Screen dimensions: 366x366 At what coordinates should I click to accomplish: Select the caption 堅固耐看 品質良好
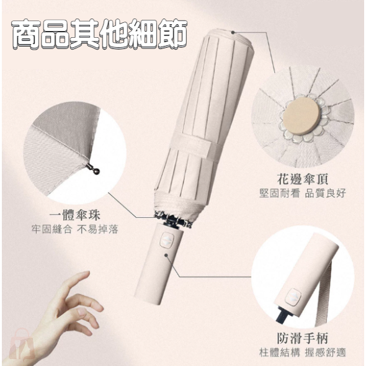[x=302, y=193]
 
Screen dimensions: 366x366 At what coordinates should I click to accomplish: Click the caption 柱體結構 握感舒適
[x=302, y=352]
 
